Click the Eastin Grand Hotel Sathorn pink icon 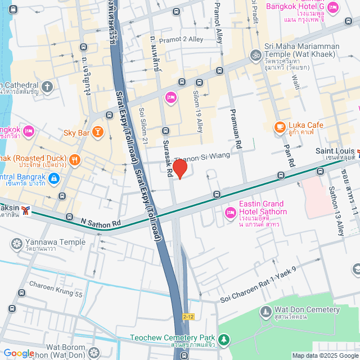coord(229,213)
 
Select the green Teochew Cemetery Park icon coord(224,340)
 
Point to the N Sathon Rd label coord(101,223)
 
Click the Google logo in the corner coord(19,353)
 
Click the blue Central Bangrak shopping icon coord(53,179)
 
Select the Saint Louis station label coord(334,151)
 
